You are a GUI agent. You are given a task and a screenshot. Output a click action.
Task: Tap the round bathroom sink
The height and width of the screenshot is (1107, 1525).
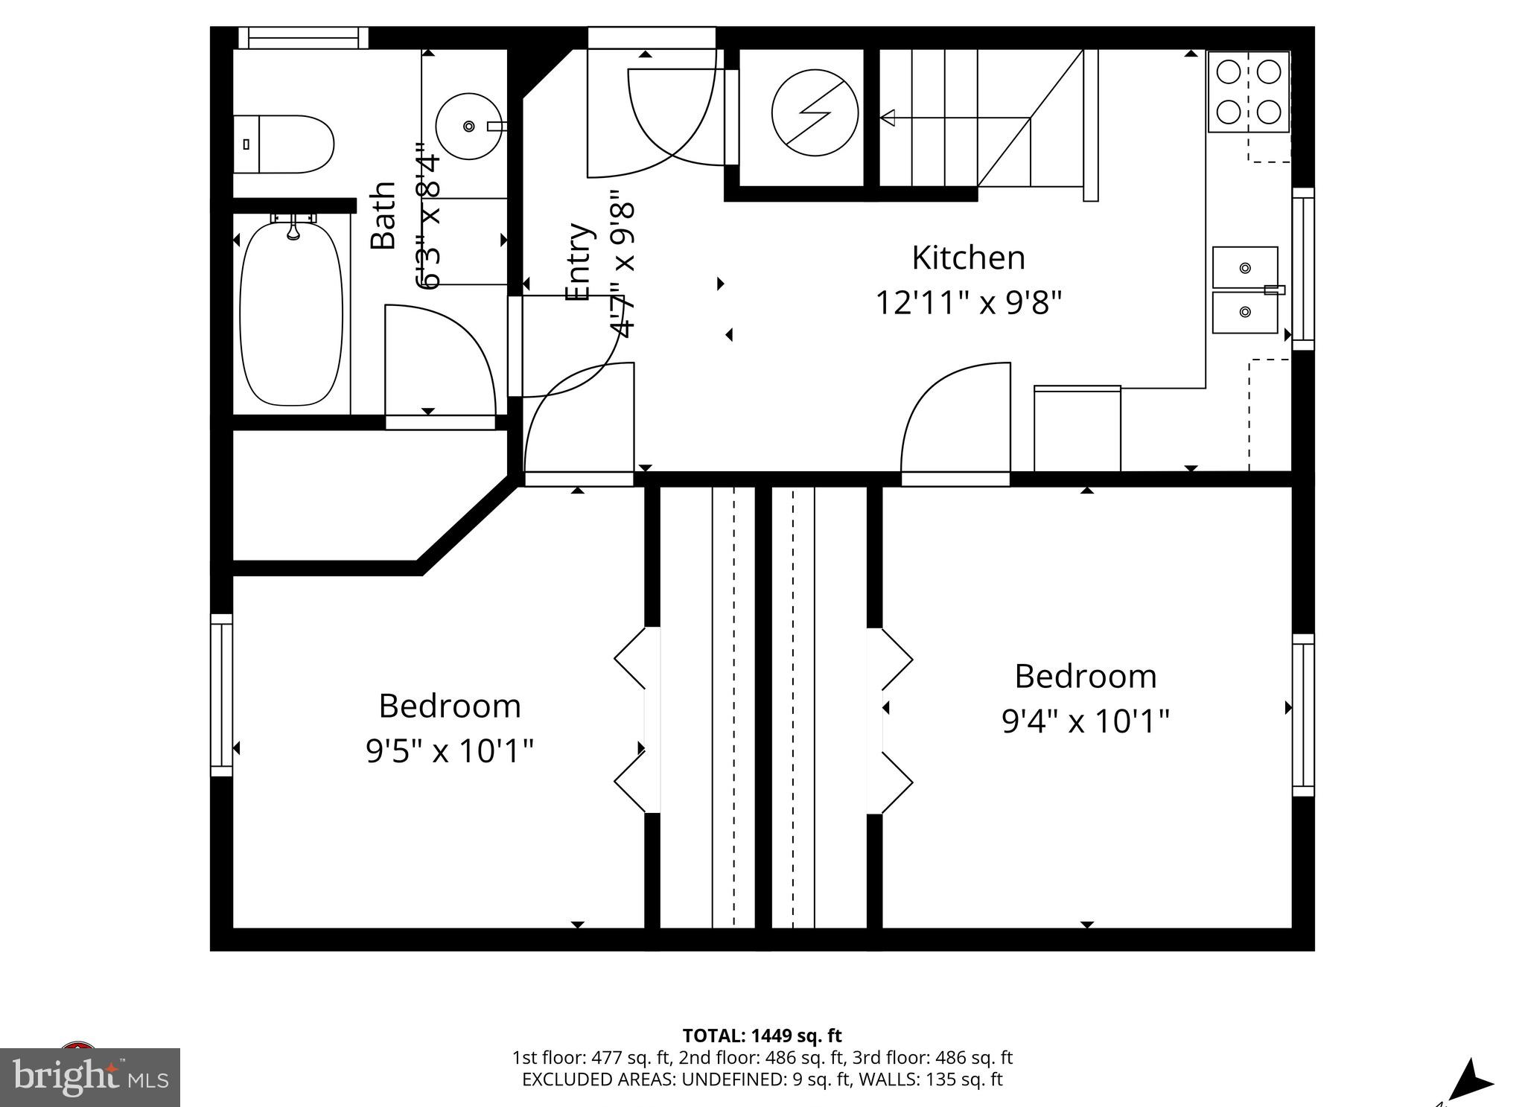pyautogui.click(x=469, y=127)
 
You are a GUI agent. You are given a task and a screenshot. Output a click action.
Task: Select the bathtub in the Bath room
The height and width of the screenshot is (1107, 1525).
pyautogui.click(x=292, y=313)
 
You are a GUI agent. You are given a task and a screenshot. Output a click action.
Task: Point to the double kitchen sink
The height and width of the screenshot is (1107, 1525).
pyautogui.click(x=1245, y=290)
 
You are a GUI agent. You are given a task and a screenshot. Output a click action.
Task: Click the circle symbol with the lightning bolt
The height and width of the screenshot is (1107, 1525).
pyautogui.click(x=815, y=113)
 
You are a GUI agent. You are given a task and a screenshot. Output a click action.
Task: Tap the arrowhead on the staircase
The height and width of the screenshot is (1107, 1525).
pyautogui.click(x=888, y=118)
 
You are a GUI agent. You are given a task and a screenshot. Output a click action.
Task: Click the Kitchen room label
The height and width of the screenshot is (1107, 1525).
pyautogui.click(x=968, y=258)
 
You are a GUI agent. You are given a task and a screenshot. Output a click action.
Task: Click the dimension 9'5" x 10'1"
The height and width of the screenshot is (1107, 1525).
pyautogui.click(x=450, y=751)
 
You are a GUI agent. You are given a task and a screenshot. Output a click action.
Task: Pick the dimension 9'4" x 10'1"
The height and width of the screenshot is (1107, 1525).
pyautogui.click(x=1085, y=721)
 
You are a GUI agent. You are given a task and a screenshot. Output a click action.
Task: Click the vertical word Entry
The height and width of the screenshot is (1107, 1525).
pyautogui.click(x=579, y=262)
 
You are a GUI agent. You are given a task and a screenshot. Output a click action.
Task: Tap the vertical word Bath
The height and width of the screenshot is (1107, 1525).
pyautogui.click(x=383, y=215)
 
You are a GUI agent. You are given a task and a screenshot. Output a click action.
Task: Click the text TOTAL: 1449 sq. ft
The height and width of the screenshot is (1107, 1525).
pyautogui.click(x=762, y=1036)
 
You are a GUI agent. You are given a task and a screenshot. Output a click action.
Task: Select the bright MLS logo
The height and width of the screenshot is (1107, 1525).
pyautogui.click(x=90, y=1076)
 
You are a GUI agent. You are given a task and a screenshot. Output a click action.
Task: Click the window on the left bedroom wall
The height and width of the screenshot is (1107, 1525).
pyautogui.click(x=221, y=695)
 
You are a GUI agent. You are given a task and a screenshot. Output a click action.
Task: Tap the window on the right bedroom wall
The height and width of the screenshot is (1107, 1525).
pyautogui.click(x=1303, y=715)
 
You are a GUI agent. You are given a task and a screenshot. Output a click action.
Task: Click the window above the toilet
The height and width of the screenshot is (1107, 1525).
pyautogui.click(x=303, y=38)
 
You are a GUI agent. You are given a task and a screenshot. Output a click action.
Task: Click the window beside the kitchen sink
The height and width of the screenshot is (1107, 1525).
pyautogui.click(x=1303, y=269)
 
